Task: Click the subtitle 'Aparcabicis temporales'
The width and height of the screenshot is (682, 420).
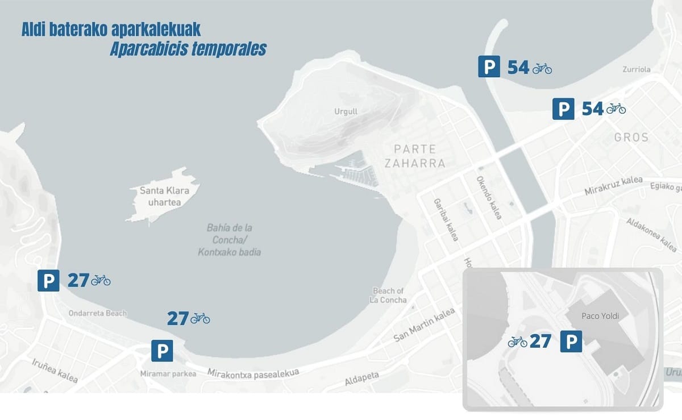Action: (188, 49)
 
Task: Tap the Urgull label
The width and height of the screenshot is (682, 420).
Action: (346, 111)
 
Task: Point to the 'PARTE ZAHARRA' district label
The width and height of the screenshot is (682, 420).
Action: (415, 156)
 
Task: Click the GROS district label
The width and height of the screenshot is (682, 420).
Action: (631, 138)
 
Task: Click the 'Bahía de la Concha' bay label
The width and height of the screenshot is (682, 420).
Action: (230, 240)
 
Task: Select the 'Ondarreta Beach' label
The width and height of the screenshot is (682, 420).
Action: (98, 313)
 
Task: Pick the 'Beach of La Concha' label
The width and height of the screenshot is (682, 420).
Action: (389, 296)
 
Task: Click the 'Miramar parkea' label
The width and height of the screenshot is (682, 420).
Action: (168, 374)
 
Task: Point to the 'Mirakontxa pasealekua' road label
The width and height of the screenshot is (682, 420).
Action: (253, 373)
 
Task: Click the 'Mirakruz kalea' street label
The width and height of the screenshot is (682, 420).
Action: (613, 185)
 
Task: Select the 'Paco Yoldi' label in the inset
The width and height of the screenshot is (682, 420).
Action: (600, 315)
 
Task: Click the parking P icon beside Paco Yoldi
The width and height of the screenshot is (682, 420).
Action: (571, 342)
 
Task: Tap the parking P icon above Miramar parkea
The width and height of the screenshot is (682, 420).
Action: (162, 350)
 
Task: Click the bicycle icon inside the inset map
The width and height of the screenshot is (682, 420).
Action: (517, 342)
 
